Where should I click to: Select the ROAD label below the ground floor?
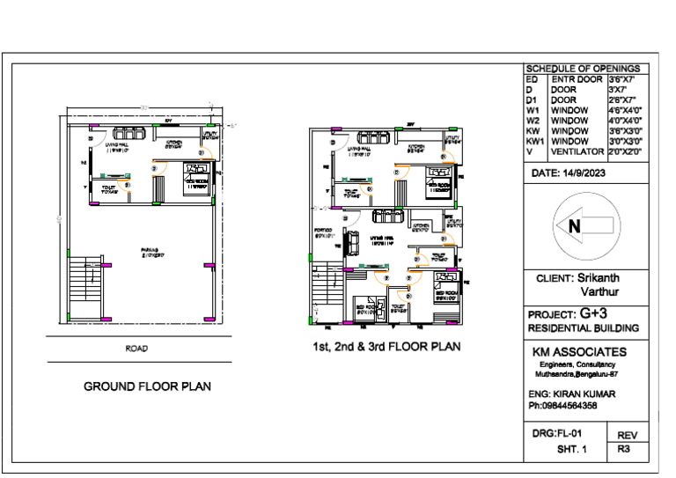coord(136,349)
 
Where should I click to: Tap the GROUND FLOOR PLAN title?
coord(146,386)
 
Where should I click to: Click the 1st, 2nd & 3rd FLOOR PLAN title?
coord(386,346)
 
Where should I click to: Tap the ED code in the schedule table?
coord(531,79)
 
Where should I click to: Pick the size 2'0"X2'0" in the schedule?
coord(626,151)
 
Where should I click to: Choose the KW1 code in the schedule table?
coord(534,141)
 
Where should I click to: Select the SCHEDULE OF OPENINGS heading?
coord(586,69)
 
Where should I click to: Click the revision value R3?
coord(624,449)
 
